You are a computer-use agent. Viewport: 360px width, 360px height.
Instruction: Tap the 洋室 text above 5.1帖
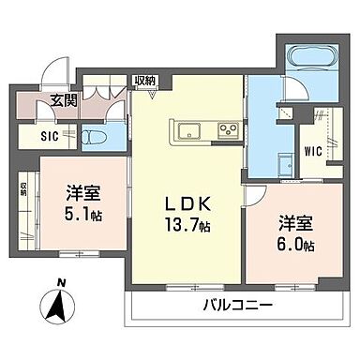[84, 192]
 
